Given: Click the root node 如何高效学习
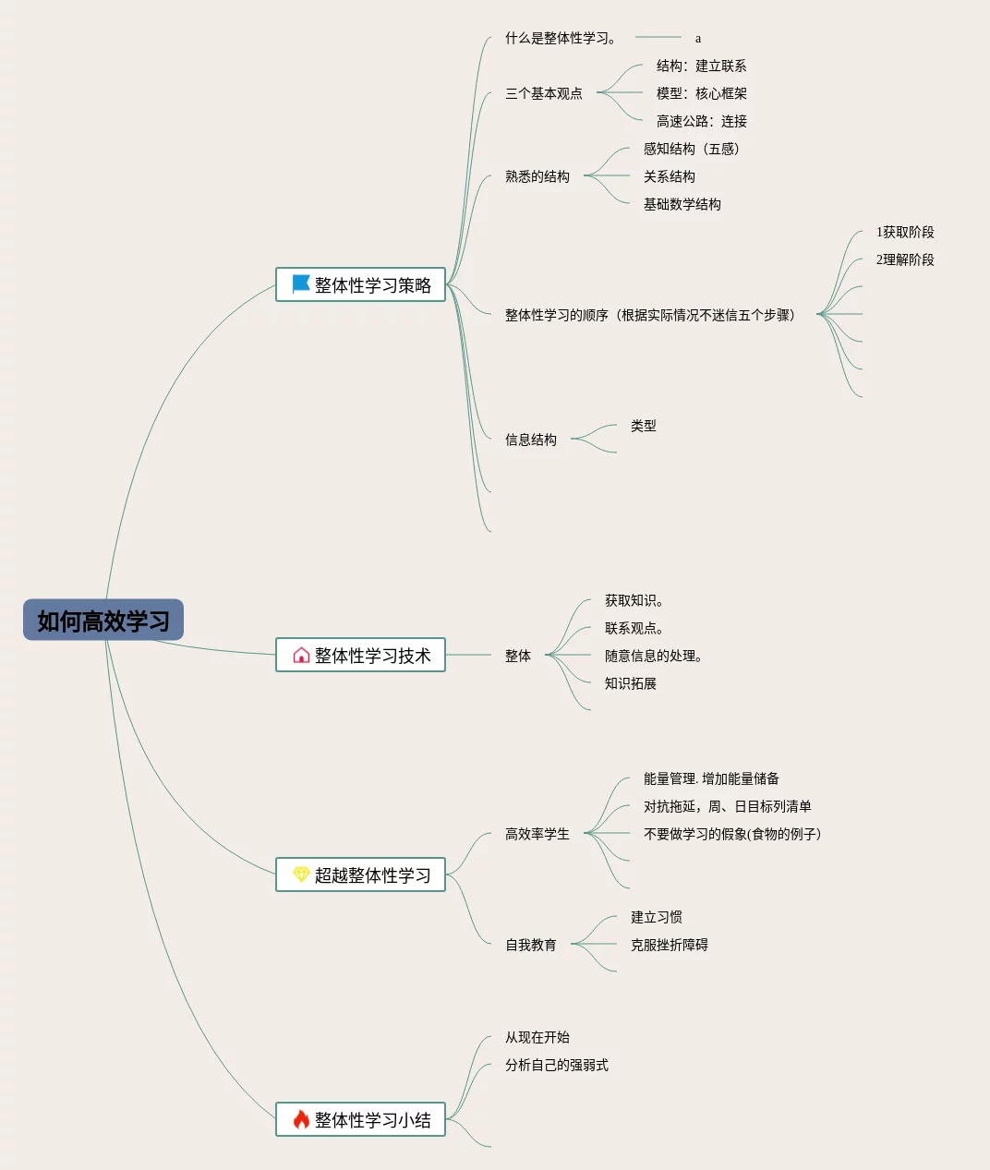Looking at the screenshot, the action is point(103,621).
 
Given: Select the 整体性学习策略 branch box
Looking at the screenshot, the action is point(360,284).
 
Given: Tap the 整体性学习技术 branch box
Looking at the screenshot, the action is point(360,655).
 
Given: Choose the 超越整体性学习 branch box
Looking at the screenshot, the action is point(360,874).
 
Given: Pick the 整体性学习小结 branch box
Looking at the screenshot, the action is point(360,1119).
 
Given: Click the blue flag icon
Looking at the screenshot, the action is point(301,284).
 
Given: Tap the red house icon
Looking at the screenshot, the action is point(301,655).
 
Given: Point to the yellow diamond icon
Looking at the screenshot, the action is point(301,874).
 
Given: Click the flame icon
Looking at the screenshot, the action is point(301,1119).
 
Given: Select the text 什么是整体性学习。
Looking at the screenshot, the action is point(561,38).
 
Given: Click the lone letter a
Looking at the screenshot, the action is point(698,39).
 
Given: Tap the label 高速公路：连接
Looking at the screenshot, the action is point(701,121).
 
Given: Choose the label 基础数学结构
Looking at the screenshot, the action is point(682,204).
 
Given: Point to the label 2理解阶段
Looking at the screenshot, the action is point(905,259).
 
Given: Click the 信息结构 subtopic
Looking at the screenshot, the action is point(530,440).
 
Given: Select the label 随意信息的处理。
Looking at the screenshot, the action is point(654,656).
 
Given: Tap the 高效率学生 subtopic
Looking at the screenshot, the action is point(537,834).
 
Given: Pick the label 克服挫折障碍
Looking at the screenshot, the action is point(669,945).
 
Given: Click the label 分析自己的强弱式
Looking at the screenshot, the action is point(556,1065).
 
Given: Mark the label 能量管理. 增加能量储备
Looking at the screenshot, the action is point(711,778).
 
